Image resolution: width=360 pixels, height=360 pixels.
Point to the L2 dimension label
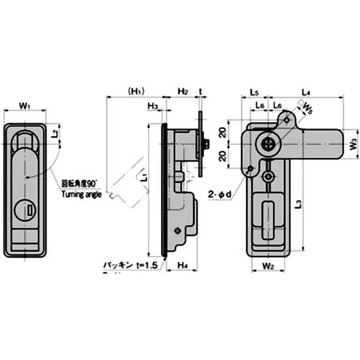click(54, 134)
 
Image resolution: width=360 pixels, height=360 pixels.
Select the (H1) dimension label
click(135, 91)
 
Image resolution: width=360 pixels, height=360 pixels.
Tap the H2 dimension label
click(182, 91)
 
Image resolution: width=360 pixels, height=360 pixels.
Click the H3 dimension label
click(153, 106)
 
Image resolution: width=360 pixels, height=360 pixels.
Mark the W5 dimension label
click(308, 108)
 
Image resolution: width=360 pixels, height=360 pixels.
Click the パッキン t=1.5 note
click(131, 266)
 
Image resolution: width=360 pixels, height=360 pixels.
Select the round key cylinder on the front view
click(24, 210)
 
